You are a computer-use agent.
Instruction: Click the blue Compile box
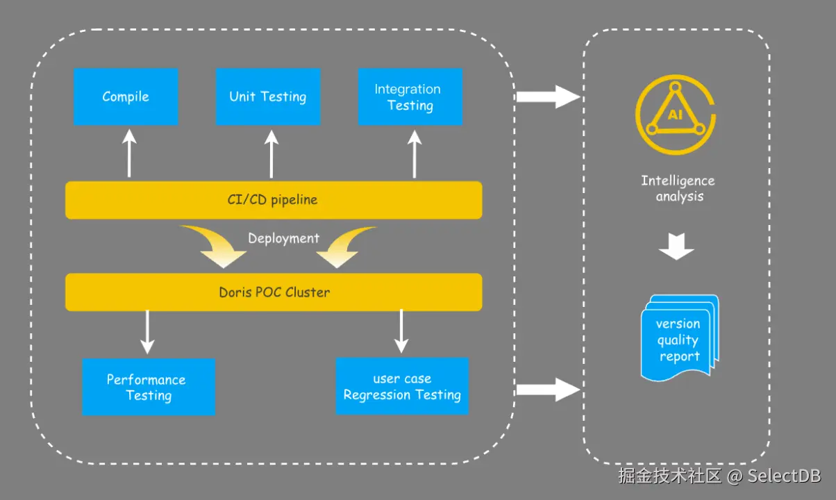[x=126, y=97]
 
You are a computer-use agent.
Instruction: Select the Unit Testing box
[x=268, y=97]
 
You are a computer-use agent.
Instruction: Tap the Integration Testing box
[x=410, y=97]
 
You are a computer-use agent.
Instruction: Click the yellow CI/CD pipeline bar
[x=274, y=200]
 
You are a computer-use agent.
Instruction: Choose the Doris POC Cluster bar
[x=274, y=292]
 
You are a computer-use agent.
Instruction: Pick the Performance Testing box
[x=148, y=387]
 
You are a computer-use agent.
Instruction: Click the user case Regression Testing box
[x=402, y=387]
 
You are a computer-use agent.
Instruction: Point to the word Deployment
[x=283, y=238]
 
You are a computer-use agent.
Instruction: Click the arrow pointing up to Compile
[x=129, y=154]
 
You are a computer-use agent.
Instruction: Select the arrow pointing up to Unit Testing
[x=271, y=154]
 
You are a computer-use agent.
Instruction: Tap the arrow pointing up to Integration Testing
[x=415, y=154]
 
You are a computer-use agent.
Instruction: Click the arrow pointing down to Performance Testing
[x=147, y=332]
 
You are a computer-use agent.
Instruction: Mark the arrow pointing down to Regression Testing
[x=401, y=332]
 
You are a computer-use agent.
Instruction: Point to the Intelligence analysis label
[x=678, y=188]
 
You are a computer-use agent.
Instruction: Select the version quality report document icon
[x=679, y=337]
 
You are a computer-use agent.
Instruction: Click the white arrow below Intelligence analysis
[x=676, y=246]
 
